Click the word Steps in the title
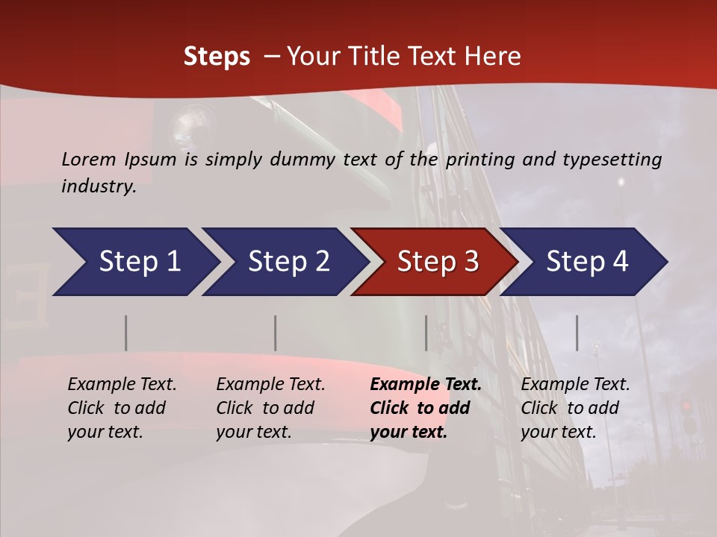tap(217, 57)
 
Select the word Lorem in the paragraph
tap(89, 160)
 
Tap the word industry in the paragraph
tap(98, 186)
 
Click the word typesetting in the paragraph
tap(612, 160)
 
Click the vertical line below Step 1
tap(126, 333)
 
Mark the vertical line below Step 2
tap(276, 333)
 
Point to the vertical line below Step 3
tap(426, 333)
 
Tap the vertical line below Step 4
tap(577, 333)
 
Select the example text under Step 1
tap(122, 408)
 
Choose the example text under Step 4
tap(575, 408)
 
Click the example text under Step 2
tap(270, 408)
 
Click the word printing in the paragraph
tap(479, 160)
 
